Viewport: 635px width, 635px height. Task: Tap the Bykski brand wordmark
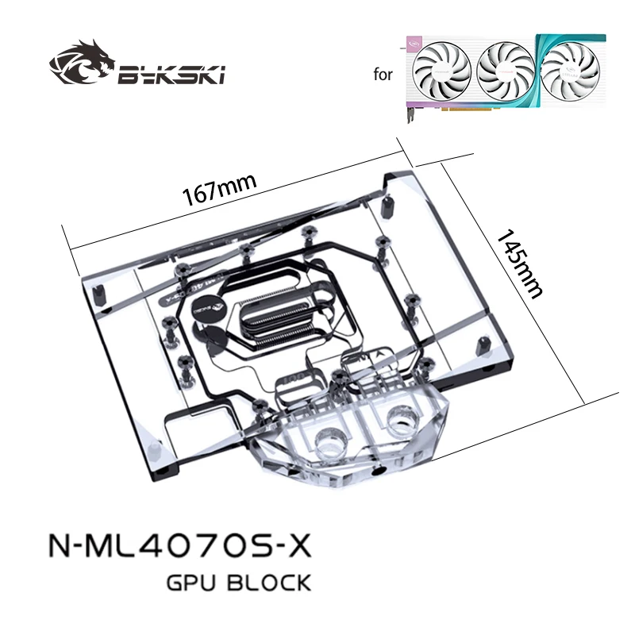point(171,76)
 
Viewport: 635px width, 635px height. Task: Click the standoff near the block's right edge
point(482,344)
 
